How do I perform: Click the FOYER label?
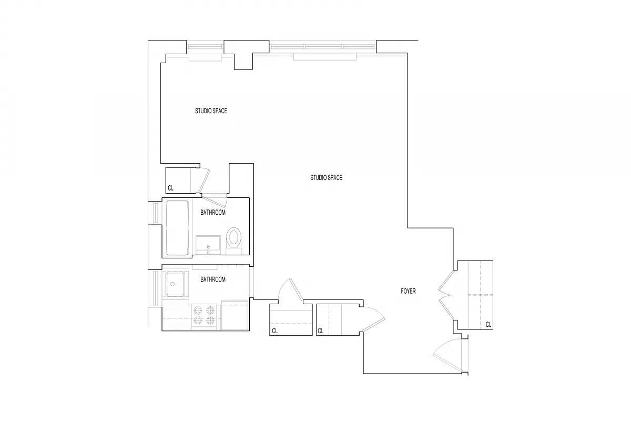(408, 291)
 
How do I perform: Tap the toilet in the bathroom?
(233, 238)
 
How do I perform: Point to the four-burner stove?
(204, 315)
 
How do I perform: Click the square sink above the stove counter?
(175, 284)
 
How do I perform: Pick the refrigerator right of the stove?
(235, 315)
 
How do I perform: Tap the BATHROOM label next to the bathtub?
(213, 213)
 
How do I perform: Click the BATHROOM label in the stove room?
(213, 279)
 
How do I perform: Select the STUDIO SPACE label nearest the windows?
(211, 111)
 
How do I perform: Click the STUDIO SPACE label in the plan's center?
(326, 178)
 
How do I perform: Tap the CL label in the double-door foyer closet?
(488, 325)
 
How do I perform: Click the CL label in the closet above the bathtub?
(170, 188)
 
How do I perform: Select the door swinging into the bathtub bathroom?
(215, 201)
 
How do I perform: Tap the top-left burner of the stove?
(198, 310)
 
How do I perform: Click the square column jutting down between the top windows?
(242, 59)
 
